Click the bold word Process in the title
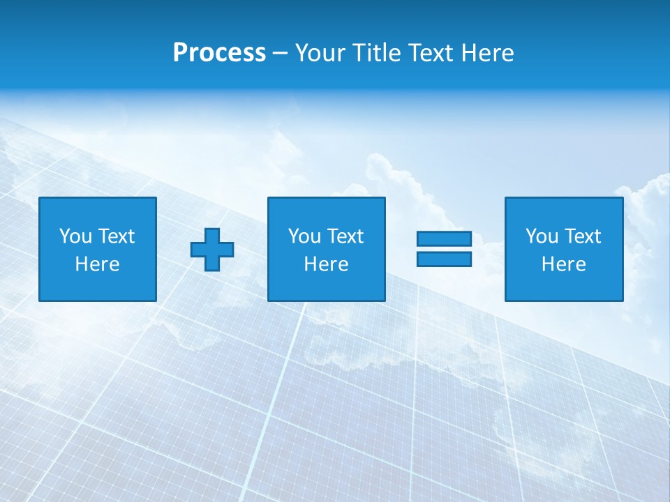(219, 53)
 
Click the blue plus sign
(212, 250)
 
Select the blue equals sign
(445, 249)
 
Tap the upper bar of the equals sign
(445, 239)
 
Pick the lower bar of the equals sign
(445, 259)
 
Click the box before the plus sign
(98, 209)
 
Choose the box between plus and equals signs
(327, 209)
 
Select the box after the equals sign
(564, 209)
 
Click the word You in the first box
(75, 236)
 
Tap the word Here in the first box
(98, 264)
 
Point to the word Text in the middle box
(345, 236)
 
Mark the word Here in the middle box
(327, 264)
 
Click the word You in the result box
(542, 236)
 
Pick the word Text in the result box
(583, 236)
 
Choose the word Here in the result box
(564, 264)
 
